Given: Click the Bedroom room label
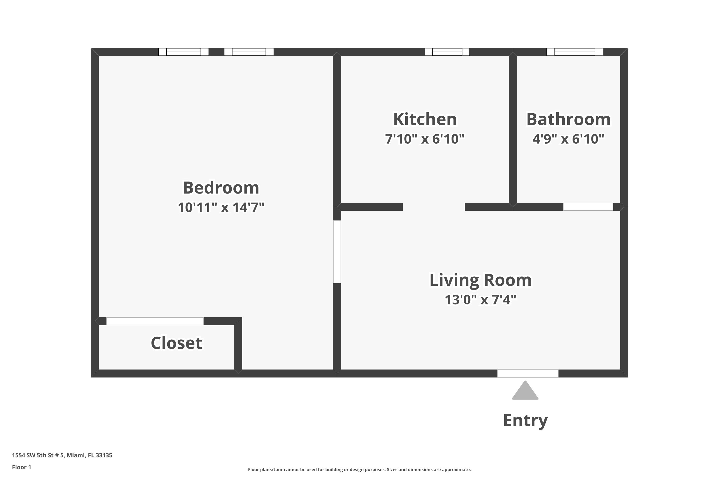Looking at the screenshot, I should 221,188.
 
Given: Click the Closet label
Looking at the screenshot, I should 176,343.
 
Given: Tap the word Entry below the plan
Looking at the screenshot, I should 525,420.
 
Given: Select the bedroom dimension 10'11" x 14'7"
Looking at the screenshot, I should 221,207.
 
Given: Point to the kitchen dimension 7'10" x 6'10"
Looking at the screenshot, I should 425,139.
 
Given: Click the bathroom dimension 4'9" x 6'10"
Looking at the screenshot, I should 568,139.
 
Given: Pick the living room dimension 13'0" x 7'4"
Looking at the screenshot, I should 480,300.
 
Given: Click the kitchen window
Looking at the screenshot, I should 447,52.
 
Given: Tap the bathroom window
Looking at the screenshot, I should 575,52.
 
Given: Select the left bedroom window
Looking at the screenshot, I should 183,52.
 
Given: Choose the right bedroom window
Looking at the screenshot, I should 249,52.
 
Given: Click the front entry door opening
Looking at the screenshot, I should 528,373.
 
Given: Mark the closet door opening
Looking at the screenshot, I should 155,321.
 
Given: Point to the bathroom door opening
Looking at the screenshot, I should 588,207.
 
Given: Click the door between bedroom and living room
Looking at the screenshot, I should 337,252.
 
